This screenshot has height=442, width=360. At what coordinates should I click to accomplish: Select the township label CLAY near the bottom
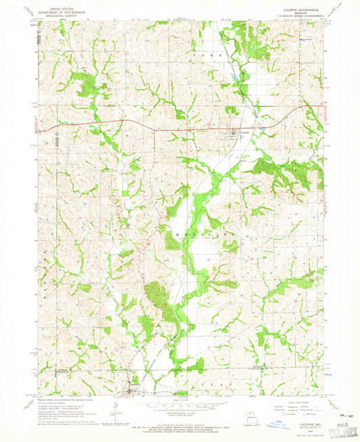tap(226, 384)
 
